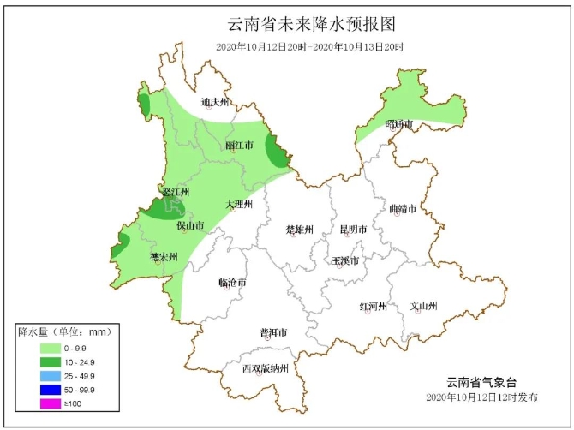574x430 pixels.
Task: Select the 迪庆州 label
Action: point(215,102)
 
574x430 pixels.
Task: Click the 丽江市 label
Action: point(239,146)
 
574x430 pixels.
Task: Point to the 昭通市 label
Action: point(399,125)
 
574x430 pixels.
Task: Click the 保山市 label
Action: point(190,226)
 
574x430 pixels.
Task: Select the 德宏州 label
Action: point(164,257)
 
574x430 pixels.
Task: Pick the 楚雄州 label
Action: point(300,230)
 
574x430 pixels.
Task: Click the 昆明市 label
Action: point(353,230)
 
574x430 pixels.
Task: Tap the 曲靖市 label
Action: point(403,209)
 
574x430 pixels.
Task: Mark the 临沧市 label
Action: point(232,282)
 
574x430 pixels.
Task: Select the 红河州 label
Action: point(374,306)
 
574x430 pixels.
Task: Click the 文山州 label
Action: point(424,306)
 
